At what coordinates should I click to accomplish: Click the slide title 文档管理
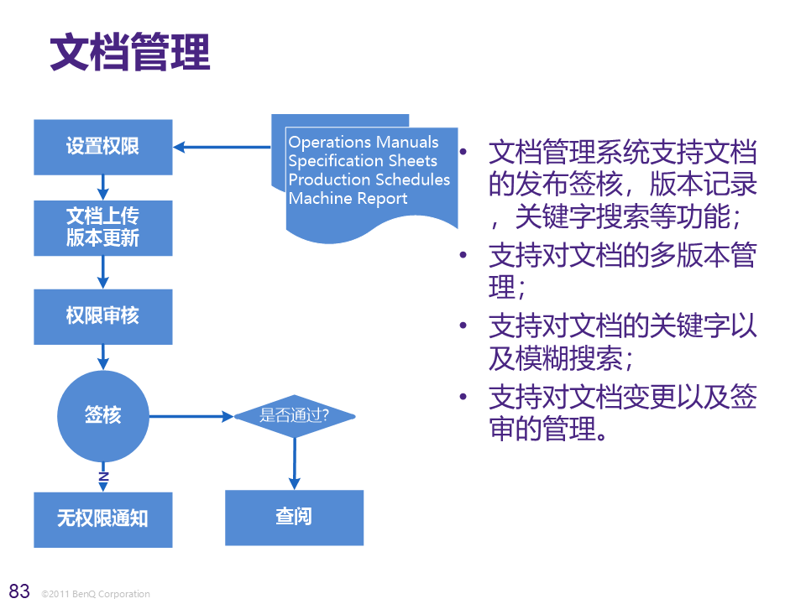point(129,53)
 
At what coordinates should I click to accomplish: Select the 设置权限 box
point(103,147)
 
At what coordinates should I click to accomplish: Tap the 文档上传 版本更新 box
point(103,227)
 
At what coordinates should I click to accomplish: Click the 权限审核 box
point(103,316)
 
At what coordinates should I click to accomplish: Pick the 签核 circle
point(102,415)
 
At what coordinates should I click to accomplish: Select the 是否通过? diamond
point(294,415)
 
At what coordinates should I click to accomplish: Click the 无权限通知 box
point(103,519)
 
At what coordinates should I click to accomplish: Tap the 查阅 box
point(294,517)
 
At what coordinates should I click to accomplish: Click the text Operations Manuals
point(364,142)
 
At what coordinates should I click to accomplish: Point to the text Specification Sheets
point(363,161)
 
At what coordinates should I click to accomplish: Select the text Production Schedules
point(369,180)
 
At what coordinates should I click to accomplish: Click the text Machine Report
point(348,199)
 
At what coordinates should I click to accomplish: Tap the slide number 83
point(18,589)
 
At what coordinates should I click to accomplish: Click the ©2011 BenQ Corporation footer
point(95,594)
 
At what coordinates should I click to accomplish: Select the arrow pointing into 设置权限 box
point(222,148)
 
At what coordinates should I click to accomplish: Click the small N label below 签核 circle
point(103,476)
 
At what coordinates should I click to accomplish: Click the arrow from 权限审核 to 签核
point(103,357)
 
